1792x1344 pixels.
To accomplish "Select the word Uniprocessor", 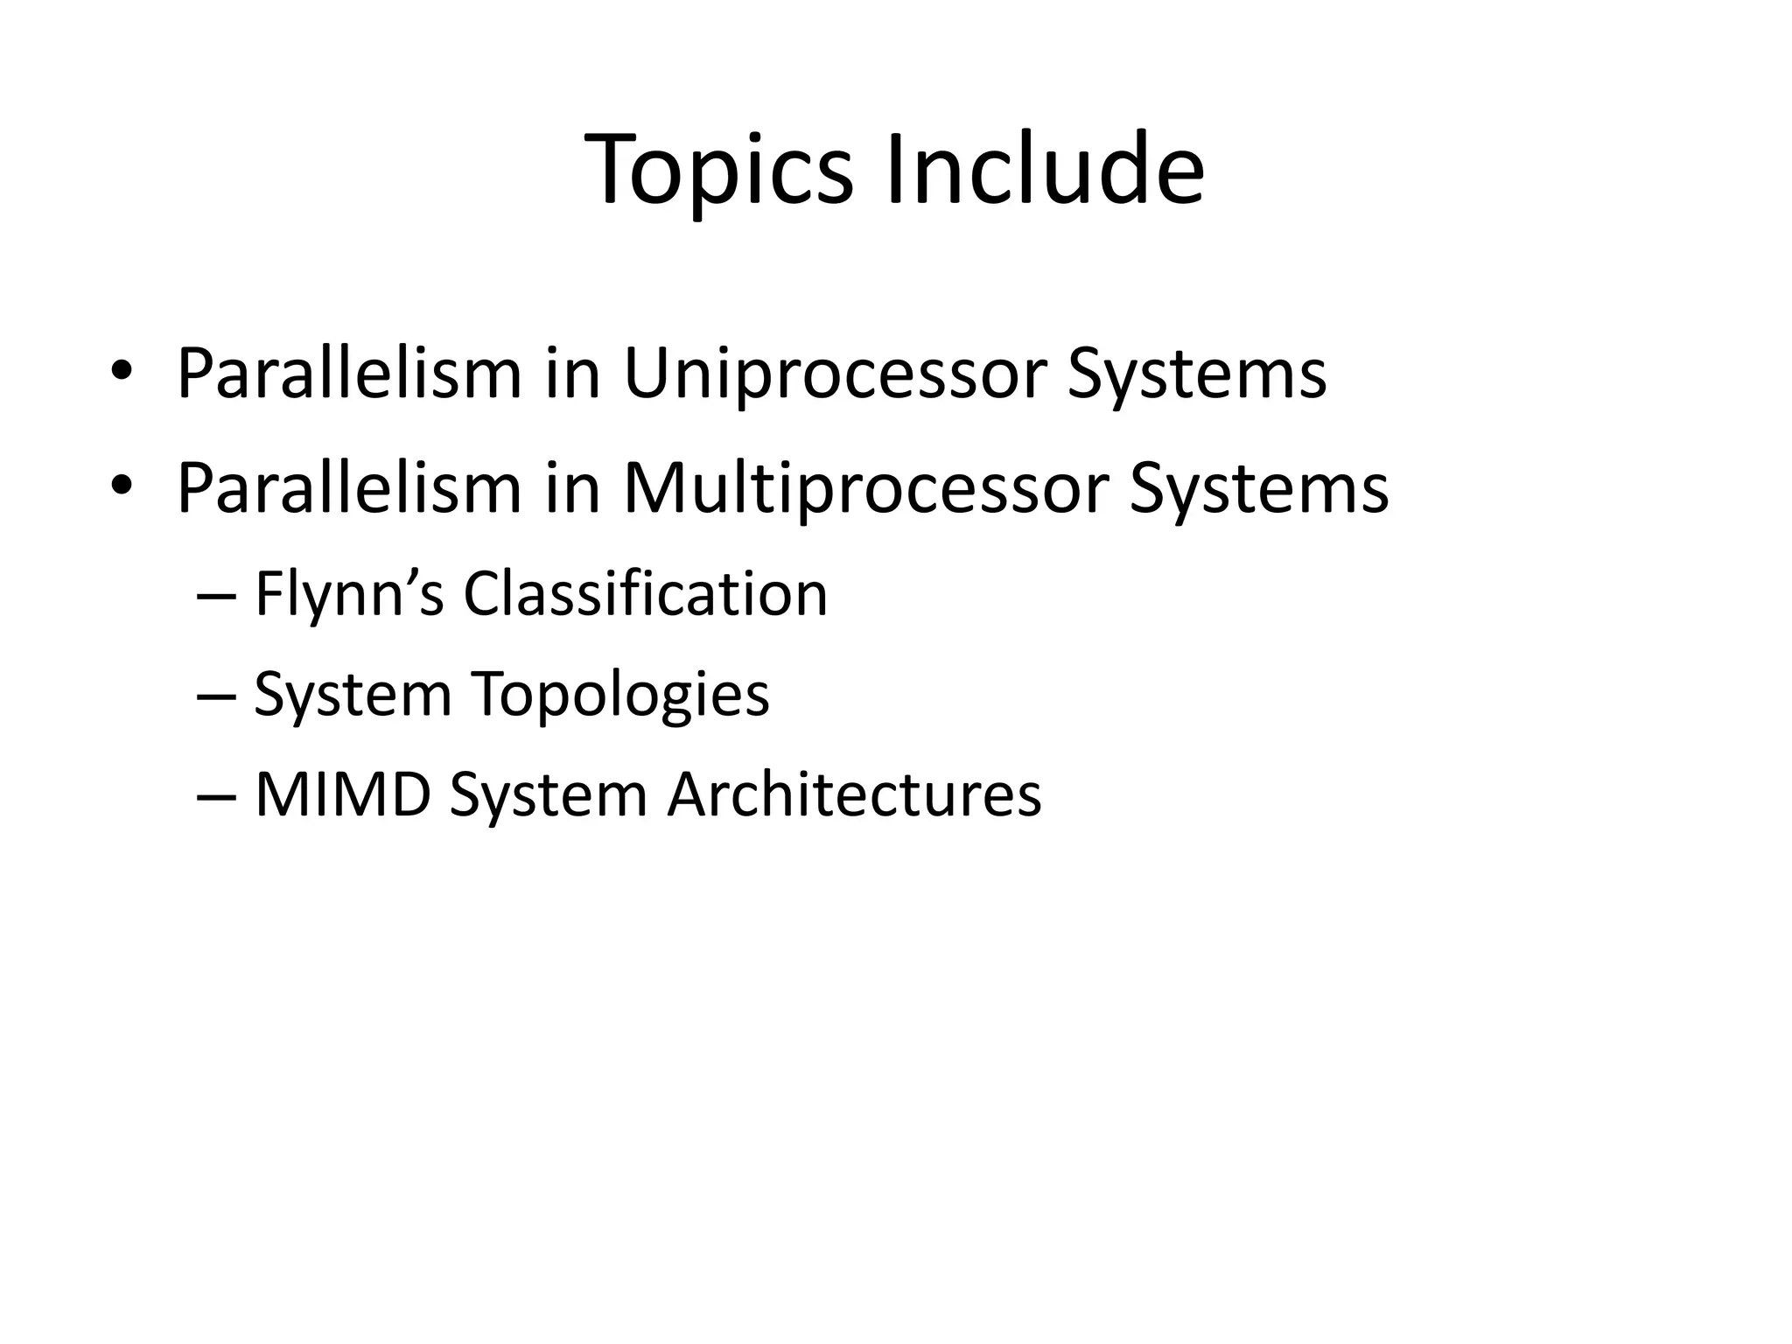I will (x=835, y=375).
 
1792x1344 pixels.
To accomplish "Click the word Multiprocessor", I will (x=866, y=490).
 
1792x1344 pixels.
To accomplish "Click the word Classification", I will (x=645, y=595).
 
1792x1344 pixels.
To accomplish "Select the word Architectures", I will (x=854, y=795).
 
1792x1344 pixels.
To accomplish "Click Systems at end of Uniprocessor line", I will (x=1197, y=375).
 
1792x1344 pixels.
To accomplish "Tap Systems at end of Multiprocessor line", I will (x=1258, y=490).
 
